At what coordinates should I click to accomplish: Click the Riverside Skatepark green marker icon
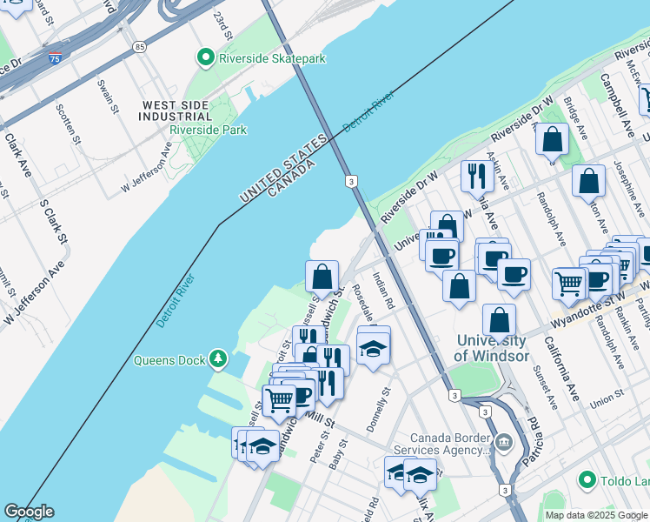coord(206,58)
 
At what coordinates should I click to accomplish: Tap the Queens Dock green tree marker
coord(217,358)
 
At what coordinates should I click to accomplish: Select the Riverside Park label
coord(209,130)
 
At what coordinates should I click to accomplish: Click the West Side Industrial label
coord(176,110)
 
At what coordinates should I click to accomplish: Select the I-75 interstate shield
coord(55,59)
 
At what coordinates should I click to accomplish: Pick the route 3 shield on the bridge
coord(350,181)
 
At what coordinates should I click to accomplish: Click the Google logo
coord(29,512)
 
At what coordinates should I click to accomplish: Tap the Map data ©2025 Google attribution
coord(595,515)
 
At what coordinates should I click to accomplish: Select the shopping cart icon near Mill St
coord(279,400)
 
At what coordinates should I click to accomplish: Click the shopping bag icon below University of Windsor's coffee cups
coord(459,284)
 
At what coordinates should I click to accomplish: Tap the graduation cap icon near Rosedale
coord(373,348)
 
